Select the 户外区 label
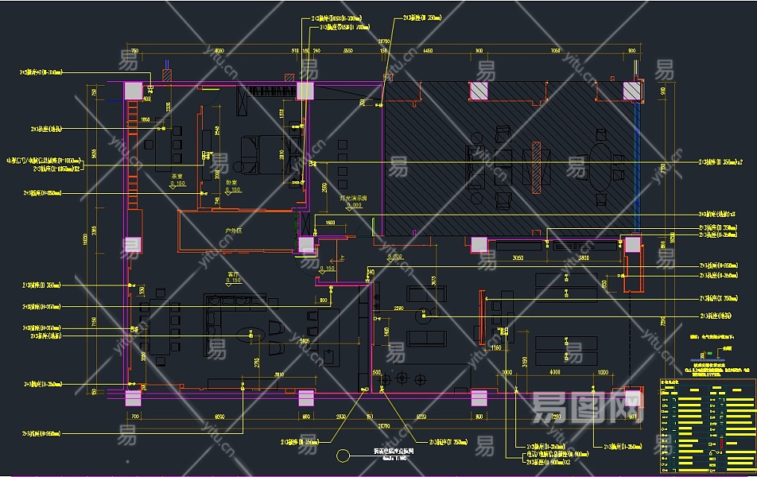234,231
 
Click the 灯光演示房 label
351,198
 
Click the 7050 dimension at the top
555,50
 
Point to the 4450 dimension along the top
428,50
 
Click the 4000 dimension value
555,372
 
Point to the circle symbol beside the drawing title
344,456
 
